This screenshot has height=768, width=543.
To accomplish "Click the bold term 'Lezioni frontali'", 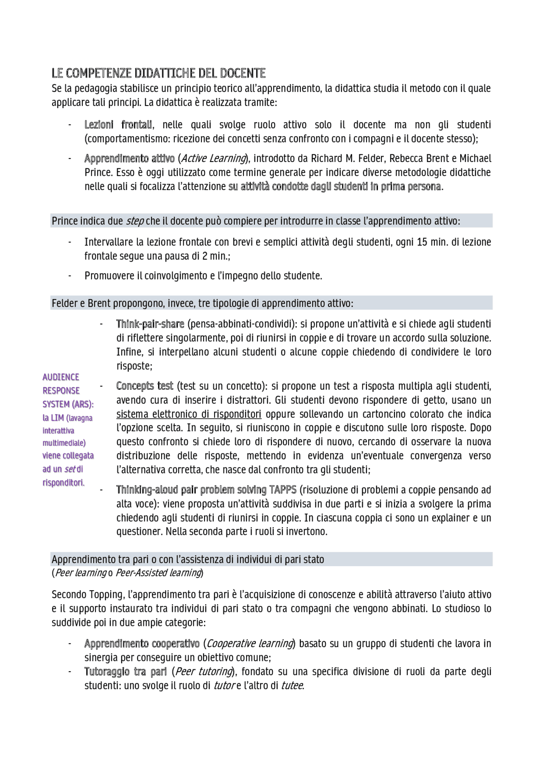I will [118, 125].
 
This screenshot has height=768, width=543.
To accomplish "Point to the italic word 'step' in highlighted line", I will [134, 221].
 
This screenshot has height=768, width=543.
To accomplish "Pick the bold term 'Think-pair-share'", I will [150, 324].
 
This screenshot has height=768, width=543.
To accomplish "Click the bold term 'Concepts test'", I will [145, 386].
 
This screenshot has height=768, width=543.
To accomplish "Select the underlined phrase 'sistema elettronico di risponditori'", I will [189, 414].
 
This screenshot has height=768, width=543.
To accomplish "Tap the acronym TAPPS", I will [283, 490].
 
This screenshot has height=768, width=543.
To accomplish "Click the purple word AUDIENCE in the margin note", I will [61, 377].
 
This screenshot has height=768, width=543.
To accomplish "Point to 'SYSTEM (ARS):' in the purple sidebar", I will [68, 404].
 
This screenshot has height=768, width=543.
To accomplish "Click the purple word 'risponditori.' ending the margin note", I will [63, 483].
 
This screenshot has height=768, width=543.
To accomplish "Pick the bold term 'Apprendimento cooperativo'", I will [142, 644].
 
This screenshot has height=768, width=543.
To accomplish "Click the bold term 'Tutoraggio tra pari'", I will [125, 672].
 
